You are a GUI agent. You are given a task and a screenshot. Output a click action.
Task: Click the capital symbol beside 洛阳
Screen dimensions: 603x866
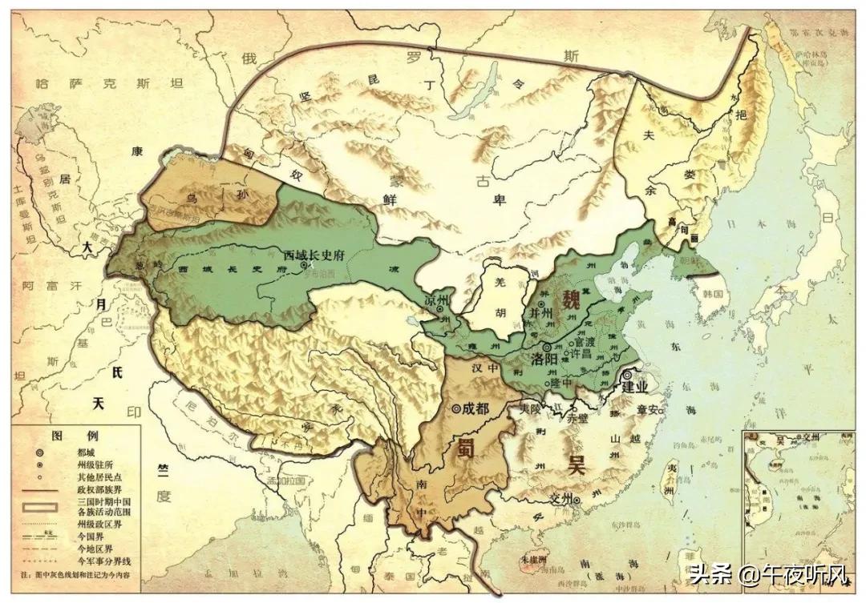pos(547,348)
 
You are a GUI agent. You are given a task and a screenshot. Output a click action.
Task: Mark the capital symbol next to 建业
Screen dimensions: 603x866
pos(628,375)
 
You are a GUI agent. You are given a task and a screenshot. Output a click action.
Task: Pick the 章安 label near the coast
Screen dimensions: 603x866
pos(647,410)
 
